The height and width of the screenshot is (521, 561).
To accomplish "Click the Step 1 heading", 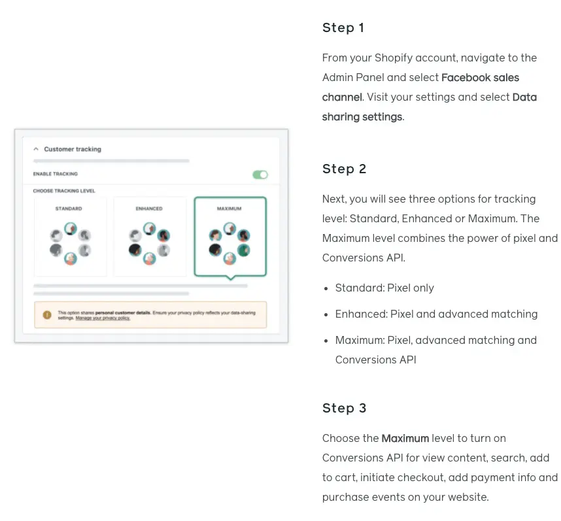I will point(343,28).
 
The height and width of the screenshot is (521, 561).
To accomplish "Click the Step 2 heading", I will point(344,169).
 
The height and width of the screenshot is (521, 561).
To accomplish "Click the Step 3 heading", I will point(344,409).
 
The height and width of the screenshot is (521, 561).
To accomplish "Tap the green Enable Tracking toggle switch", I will point(260,175).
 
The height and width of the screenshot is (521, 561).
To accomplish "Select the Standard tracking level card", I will point(70,237).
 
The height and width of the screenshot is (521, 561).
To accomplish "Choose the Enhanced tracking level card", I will point(150,237).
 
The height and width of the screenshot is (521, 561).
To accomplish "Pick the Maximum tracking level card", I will point(229,237).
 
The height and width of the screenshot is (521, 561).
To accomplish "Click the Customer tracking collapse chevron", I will point(36,150).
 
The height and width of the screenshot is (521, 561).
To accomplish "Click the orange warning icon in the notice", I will point(47,315).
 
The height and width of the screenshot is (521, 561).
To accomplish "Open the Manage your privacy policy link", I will point(103,318).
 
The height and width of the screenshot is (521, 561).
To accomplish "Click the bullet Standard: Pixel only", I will point(384,288).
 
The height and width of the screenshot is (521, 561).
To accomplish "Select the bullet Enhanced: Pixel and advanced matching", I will point(436,314).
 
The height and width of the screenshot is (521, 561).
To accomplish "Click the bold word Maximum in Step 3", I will point(405,439).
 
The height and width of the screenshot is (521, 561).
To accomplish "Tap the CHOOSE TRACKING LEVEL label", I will point(64,192).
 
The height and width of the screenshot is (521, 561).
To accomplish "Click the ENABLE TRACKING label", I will point(56,175).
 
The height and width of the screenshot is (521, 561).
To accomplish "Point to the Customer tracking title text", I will point(73,150).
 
